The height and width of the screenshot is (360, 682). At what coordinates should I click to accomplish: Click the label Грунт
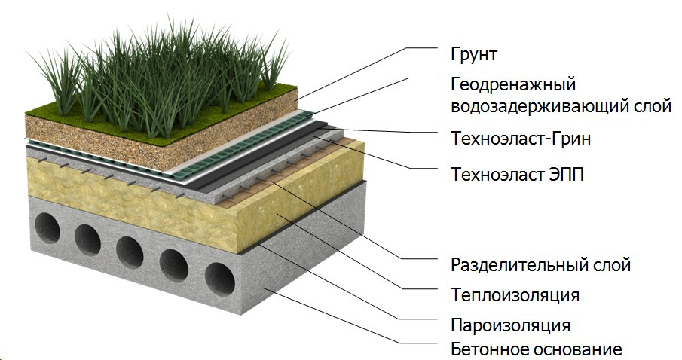[474, 55]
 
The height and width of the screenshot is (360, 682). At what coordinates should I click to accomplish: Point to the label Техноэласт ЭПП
[517, 175]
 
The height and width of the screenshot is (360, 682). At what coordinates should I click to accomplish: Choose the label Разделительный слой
[540, 265]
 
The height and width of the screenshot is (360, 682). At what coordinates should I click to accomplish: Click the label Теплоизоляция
[515, 294]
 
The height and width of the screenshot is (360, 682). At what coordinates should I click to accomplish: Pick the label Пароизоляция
[510, 325]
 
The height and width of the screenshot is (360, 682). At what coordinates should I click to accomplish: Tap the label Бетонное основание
[536, 350]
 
